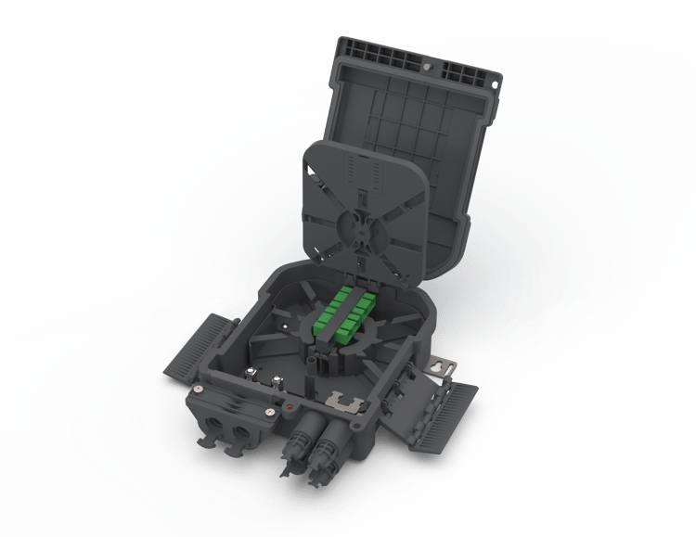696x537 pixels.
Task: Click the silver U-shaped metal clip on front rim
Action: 346,403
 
